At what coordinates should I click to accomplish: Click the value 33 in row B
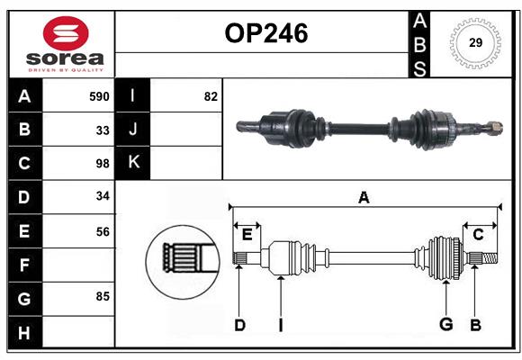click(103, 130)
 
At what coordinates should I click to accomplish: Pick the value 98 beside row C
click(103, 164)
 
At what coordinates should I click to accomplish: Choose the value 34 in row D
click(103, 197)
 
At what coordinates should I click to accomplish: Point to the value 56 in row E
click(103, 231)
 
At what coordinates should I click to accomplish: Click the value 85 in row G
click(103, 296)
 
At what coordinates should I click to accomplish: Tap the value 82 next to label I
click(211, 96)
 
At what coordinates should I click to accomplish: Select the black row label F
click(24, 265)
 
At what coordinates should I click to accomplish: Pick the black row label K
click(133, 163)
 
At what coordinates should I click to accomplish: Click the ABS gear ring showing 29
click(474, 42)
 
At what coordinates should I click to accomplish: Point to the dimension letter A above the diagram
click(364, 197)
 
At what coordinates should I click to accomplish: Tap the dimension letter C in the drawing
click(479, 235)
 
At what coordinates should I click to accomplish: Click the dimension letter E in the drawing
click(247, 235)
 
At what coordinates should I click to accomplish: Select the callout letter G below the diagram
click(445, 324)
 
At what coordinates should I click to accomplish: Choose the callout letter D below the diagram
click(239, 324)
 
